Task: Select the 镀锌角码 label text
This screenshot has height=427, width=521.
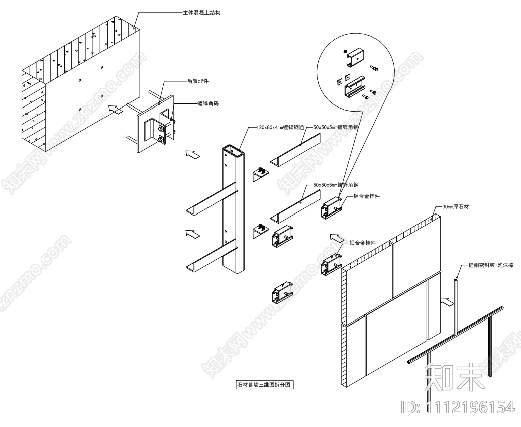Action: click(x=207, y=104)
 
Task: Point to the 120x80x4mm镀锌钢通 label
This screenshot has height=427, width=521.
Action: click(x=276, y=128)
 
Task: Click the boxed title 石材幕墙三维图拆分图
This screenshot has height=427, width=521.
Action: click(x=264, y=386)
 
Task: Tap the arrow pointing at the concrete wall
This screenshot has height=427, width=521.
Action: click(x=115, y=110)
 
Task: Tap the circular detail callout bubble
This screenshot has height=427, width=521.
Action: click(x=354, y=70)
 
